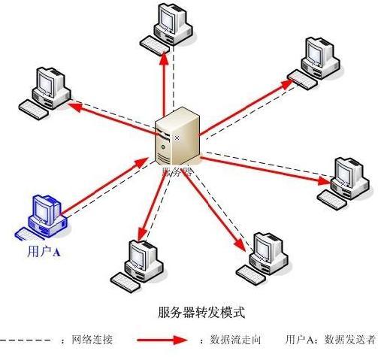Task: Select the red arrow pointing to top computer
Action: [x=166, y=86]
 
